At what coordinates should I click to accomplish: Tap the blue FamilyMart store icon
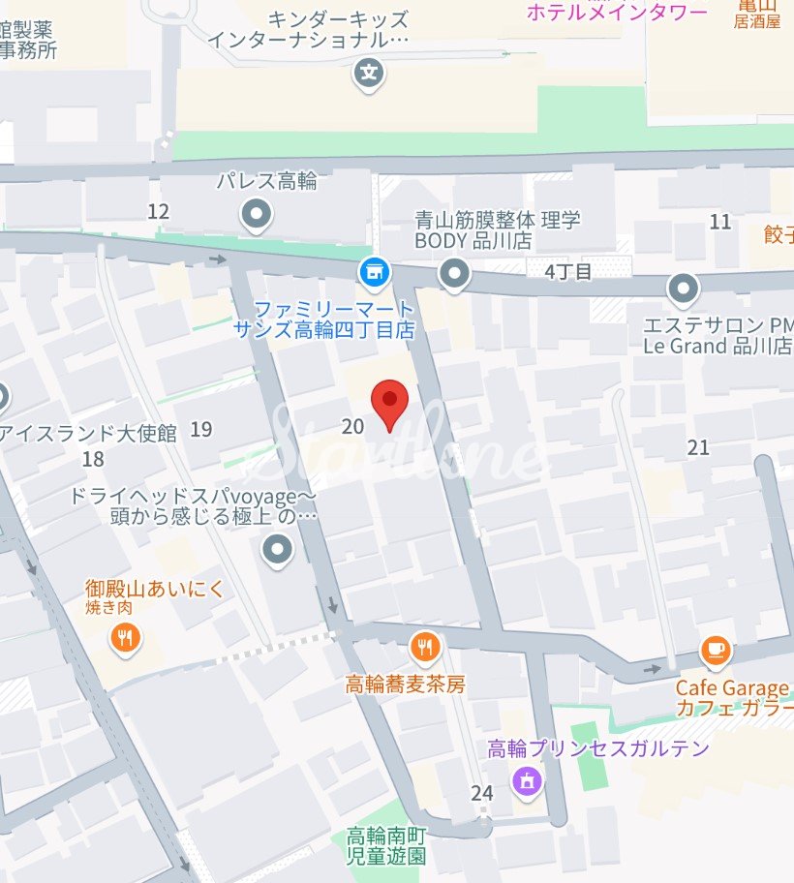373,273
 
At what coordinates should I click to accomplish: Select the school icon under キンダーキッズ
368,73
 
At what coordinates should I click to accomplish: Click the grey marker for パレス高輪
257,215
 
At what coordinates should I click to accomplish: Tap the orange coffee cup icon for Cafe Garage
716,650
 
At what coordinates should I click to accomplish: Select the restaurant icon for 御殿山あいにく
125,638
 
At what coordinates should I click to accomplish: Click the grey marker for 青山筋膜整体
453,276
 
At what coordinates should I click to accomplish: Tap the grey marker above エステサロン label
684,289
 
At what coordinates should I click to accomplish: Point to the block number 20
353,426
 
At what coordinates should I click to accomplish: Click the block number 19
201,429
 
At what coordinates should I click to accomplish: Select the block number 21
698,447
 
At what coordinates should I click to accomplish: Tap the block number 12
159,212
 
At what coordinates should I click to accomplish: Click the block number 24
482,793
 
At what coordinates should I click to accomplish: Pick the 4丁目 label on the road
568,271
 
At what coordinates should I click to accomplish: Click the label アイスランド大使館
89,433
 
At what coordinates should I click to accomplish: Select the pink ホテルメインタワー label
617,13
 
